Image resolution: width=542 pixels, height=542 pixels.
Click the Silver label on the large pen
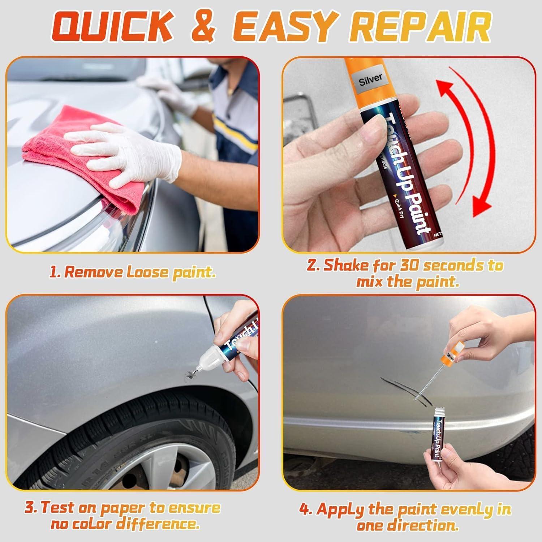click(x=370, y=80)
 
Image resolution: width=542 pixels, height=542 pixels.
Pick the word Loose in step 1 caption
click(x=148, y=272)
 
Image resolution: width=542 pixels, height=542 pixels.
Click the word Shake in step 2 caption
click(x=347, y=266)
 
